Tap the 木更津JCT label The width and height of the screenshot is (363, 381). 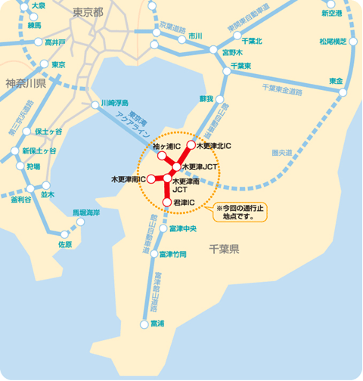[200, 166]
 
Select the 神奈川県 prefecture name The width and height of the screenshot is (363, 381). [25, 82]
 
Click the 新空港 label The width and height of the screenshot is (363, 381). [331, 13]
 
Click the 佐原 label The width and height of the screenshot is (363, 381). [64, 244]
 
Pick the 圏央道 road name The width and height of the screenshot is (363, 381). [281, 153]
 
